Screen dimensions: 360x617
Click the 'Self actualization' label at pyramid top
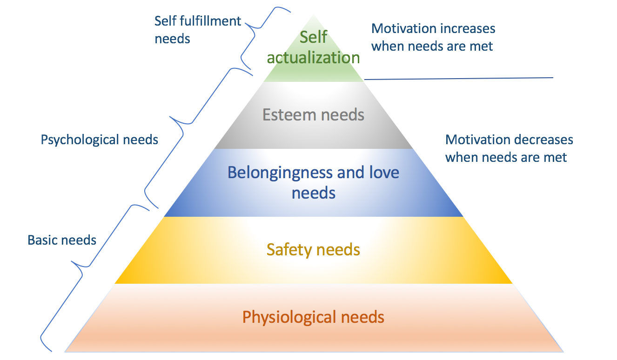click(x=313, y=47)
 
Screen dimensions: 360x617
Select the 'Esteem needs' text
click(x=313, y=114)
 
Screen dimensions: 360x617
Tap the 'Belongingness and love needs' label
click(x=313, y=182)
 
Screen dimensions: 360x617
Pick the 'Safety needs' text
click(x=313, y=250)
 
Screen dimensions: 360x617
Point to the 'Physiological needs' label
click(x=313, y=318)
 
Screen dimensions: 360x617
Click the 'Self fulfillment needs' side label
click(x=198, y=29)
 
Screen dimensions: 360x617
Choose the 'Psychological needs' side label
click(x=100, y=140)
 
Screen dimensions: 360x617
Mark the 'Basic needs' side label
click(x=62, y=240)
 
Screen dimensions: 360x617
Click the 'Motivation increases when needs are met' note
click(x=433, y=37)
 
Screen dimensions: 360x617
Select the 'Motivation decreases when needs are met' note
click(x=509, y=148)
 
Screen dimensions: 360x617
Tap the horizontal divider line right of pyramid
click(x=458, y=79)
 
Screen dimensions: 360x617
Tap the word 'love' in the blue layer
click(x=382, y=173)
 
